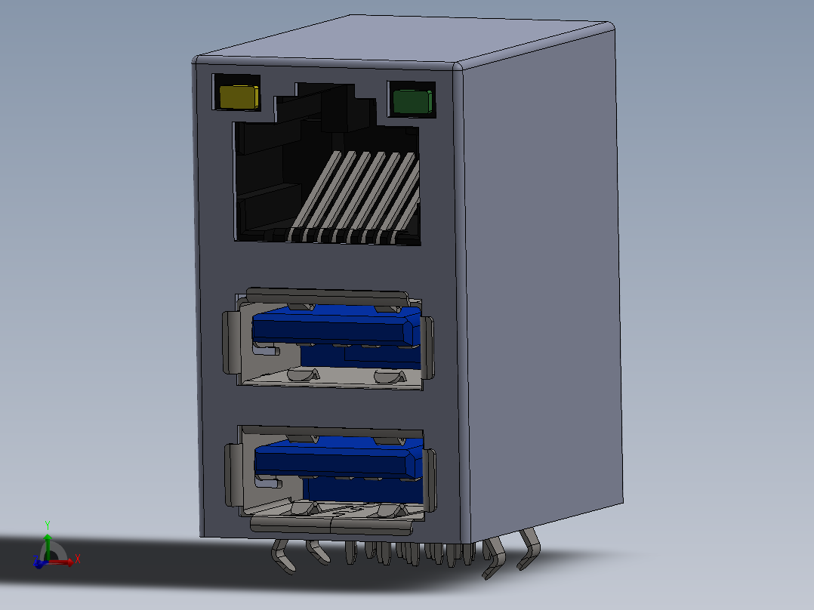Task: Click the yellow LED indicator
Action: (x=238, y=97)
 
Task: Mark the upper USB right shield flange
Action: (x=430, y=347)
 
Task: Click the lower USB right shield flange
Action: (x=430, y=479)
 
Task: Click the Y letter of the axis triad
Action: (x=47, y=523)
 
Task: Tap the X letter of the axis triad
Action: (x=78, y=559)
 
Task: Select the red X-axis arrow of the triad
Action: (x=63, y=561)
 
